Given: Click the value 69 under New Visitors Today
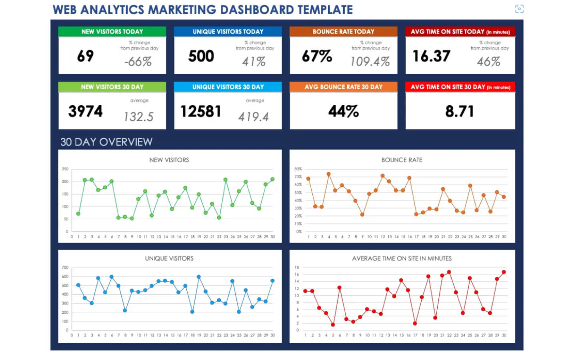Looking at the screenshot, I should pyautogui.click(x=85, y=56).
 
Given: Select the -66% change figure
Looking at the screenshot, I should pyautogui.click(x=138, y=62).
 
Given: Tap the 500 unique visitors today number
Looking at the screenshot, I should pyautogui.click(x=201, y=56).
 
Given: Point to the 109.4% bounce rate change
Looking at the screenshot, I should pyautogui.click(x=370, y=62).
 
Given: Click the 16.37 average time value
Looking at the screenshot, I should pyautogui.click(x=431, y=56).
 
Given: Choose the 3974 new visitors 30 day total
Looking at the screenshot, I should pyautogui.click(x=85, y=111).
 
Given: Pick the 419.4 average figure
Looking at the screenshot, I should pyautogui.click(x=254, y=117).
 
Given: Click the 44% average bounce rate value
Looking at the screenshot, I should pyautogui.click(x=343, y=111).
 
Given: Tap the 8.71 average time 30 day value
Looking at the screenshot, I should pyautogui.click(x=460, y=111).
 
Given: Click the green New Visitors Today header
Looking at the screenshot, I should pyautogui.click(x=112, y=32).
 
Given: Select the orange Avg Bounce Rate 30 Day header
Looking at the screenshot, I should pyautogui.click(x=343, y=87).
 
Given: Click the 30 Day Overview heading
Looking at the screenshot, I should pyautogui.click(x=106, y=142).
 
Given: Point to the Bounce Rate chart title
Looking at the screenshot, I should pyautogui.click(x=402, y=160).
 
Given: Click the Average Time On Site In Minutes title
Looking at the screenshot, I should pyautogui.click(x=402, y=258).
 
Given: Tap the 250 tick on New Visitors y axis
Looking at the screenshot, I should pyautogui.click(x=65, y=169).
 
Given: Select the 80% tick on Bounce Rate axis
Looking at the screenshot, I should pyautogui.click(x=298, y=169).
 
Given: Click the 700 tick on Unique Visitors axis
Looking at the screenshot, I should pyautogui.click(x=65, y=268).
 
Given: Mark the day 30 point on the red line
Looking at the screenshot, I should pyautogui.click(x=504, y=272).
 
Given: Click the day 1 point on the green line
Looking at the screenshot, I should pyautogui.click(x=78, y=214).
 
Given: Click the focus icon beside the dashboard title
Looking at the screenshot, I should pyautogui.click(x=519, y=9).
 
